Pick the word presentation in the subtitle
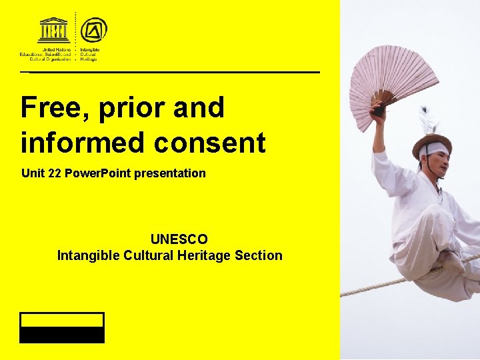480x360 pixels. [x=170, y=173]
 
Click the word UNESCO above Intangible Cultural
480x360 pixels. [x=179, y=239]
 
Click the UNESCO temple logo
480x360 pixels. [x=54, y=31]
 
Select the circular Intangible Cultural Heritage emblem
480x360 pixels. [x=93, y=30]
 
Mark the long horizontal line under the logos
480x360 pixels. [x=170, y=71]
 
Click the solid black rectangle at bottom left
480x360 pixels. [x=62, y=335]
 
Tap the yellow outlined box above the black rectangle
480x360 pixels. [x=62, y=319]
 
